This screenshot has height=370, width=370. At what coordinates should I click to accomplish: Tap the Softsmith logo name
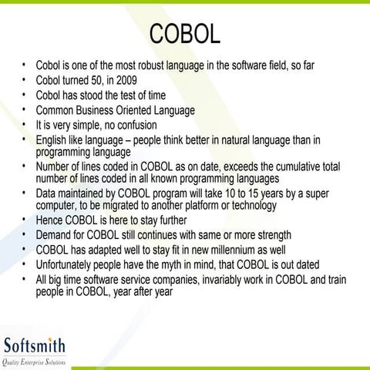(34, 344)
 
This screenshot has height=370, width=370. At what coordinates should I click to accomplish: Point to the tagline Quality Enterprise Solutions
(34, 362)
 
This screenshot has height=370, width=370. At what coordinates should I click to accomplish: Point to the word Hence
(50, 220)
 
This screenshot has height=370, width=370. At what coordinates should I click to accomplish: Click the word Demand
(55, 235)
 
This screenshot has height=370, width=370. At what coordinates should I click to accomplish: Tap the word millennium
(229, 250)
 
